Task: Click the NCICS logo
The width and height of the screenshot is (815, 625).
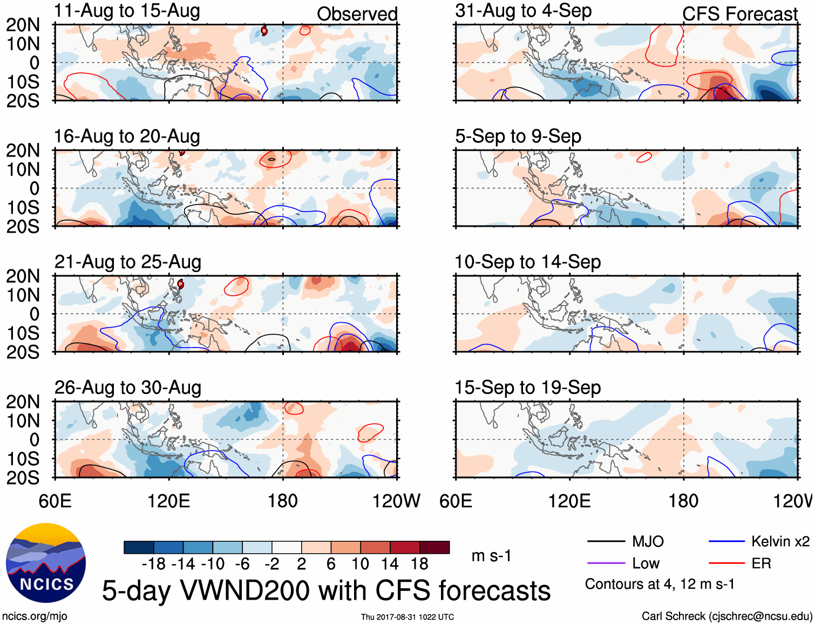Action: click(x=46, y=563)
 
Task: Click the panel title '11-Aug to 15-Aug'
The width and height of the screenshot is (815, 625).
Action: click(x=127, y=11)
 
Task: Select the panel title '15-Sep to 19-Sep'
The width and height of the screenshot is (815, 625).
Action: click(x=527, y=388)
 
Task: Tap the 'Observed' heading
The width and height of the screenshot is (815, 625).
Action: click(x=357, y=14)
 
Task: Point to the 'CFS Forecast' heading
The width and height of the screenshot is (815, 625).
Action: click(x=739, y=14)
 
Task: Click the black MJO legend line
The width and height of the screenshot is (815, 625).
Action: click(x=606, y=541)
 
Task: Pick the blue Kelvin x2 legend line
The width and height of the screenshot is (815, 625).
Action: click(x=726, y=541)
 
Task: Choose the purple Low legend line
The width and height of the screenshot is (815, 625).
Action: click(x=606, y=563)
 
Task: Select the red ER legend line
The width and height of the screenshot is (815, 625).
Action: click(x=726, y=563)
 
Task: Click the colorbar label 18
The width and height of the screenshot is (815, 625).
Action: click(x=419, y=564)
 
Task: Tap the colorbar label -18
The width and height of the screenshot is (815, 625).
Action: click(x=154, y=564)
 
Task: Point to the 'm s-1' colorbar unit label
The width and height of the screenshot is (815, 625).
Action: click(x=491, y=556)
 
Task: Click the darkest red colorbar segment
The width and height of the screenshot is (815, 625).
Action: click(x=434, y=547)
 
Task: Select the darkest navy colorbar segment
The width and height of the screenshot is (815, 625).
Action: click(x=139, y=547)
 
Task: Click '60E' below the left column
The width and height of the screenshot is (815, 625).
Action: click(x=55, y=501)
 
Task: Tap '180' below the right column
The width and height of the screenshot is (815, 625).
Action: click(x=683, y=501)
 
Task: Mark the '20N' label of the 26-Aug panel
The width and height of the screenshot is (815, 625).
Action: click(x=23, y=402)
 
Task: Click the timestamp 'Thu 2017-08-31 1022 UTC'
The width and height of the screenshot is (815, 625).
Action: click(x=407, y=617)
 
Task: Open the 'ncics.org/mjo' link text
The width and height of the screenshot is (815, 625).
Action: click(x=35, y=616)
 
